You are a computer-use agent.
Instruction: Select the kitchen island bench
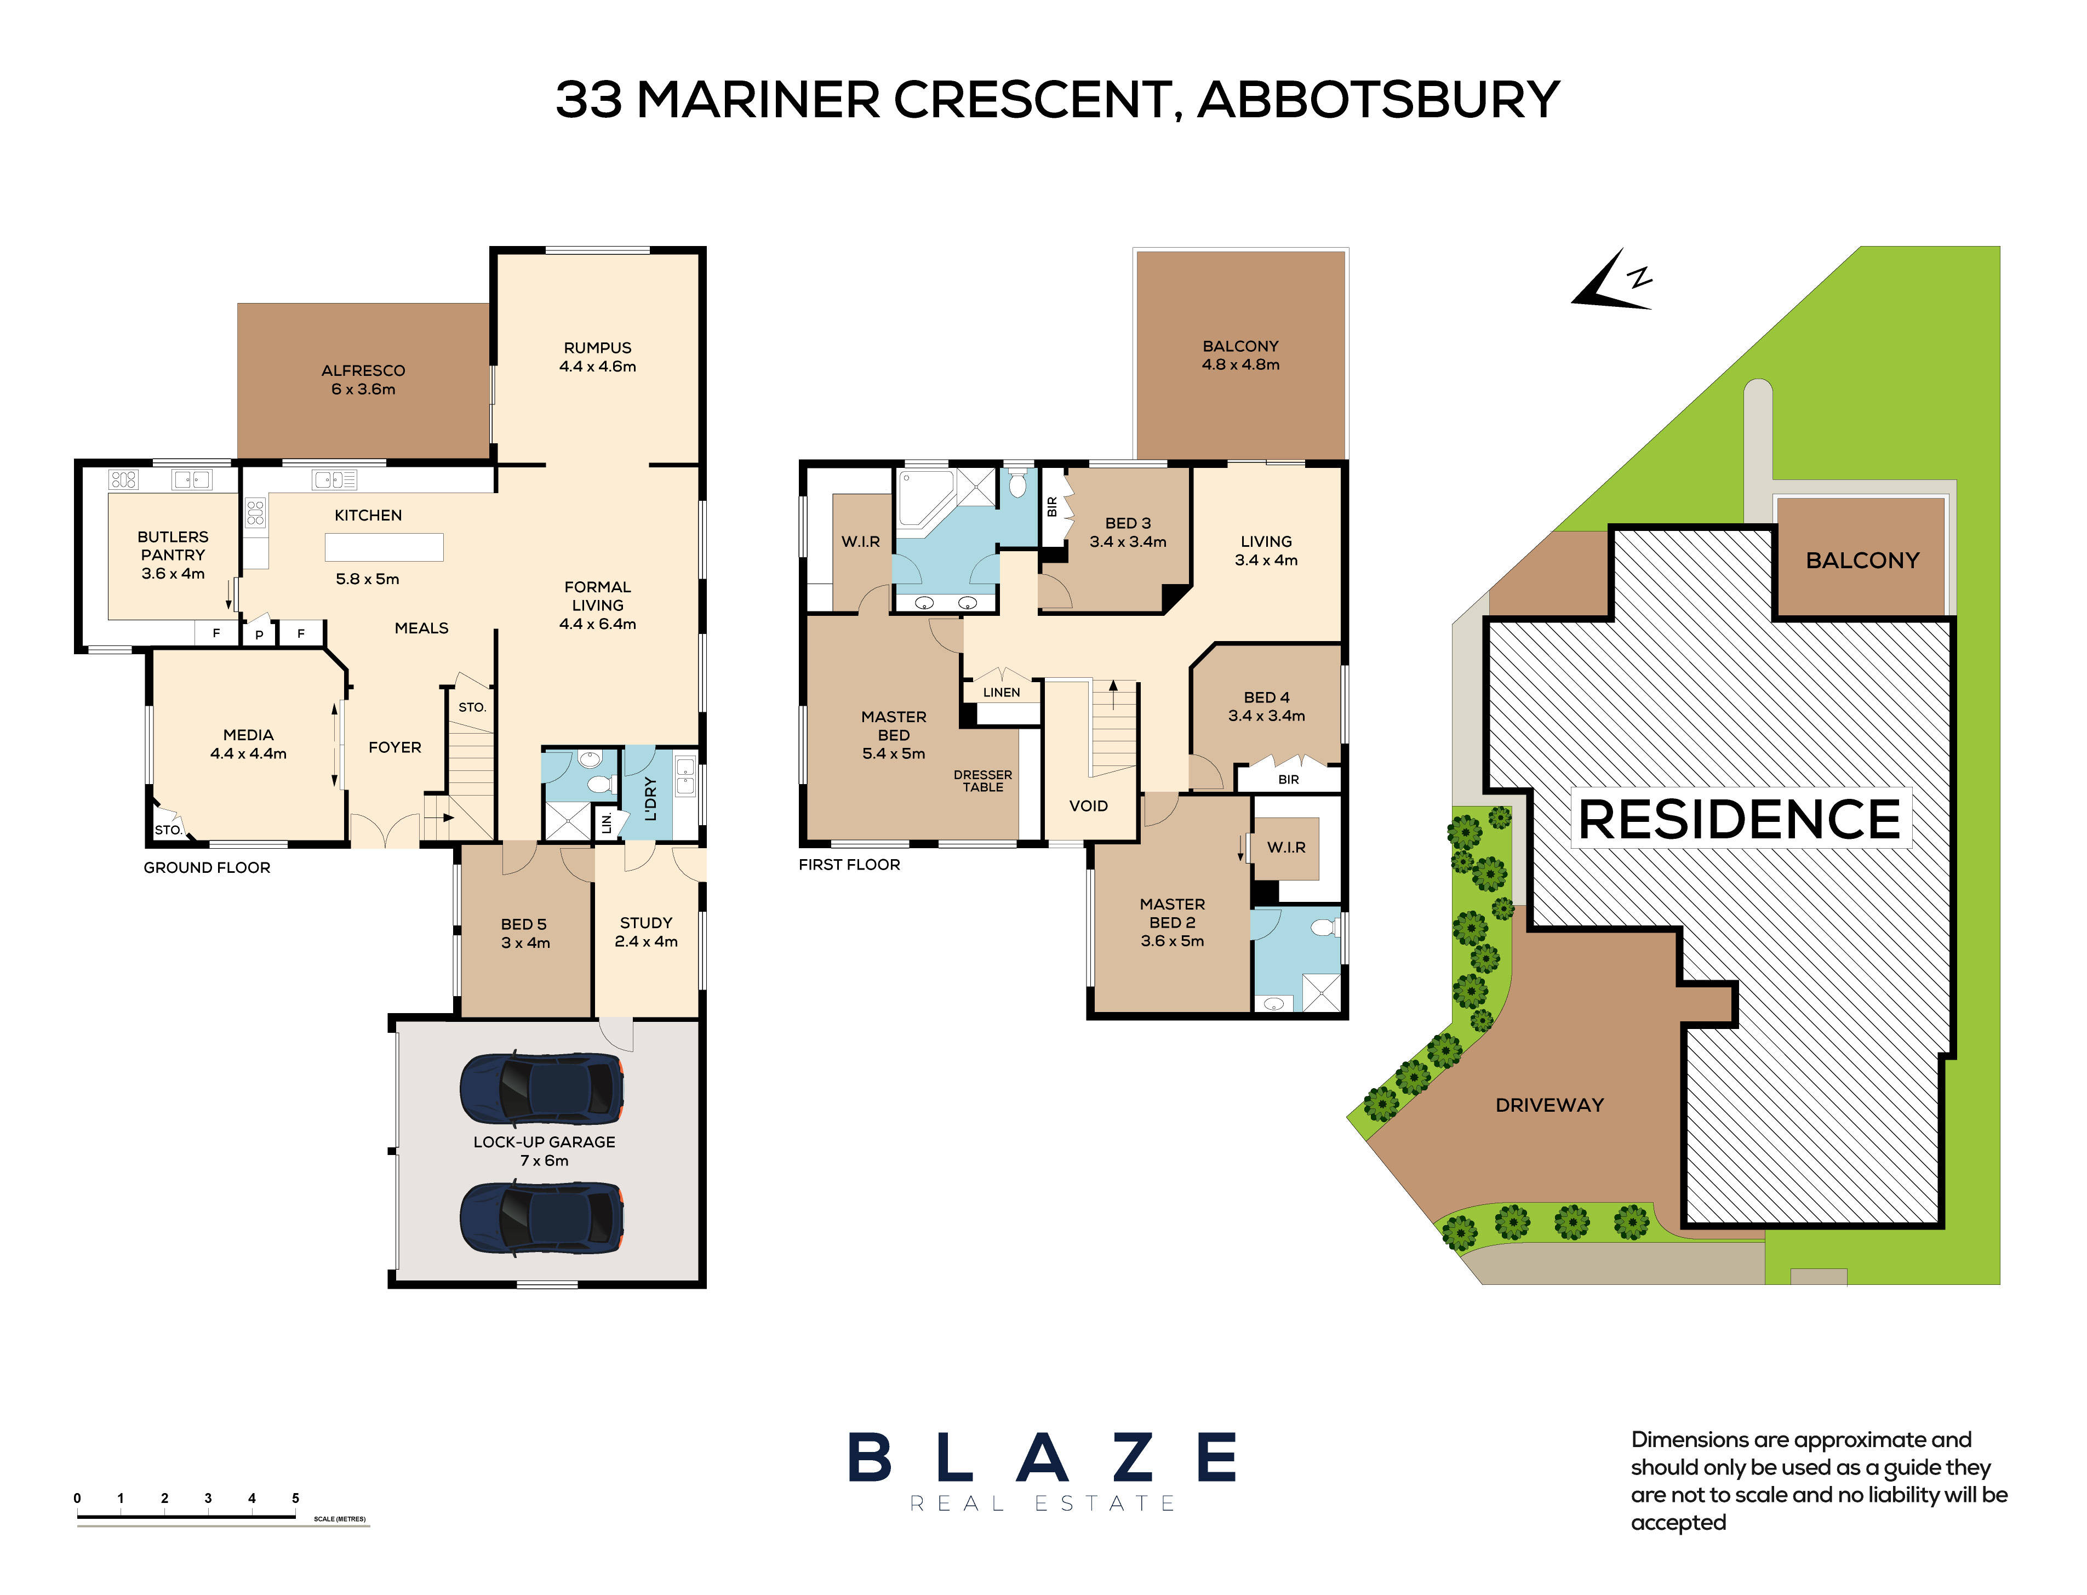[x=384, y=547]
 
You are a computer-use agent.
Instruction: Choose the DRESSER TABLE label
[x=983, y=780]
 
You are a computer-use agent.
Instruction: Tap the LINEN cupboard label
[x=1001, y=692]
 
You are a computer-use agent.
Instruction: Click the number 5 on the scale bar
[x=295, y=1498]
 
